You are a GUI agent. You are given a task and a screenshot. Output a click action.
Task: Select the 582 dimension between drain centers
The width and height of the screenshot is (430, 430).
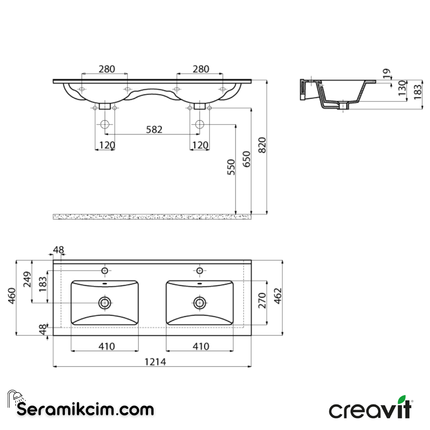tap(154, 129)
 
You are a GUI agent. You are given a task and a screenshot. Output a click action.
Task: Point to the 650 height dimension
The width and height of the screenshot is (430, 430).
tap(247, 159)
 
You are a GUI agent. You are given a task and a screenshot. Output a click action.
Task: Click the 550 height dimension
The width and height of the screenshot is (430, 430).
tap(231, 167)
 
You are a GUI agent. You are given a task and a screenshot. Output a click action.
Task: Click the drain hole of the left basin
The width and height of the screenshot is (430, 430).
tap(105, 303)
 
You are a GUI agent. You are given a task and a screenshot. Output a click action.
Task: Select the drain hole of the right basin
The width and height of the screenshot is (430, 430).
tap(199, 303)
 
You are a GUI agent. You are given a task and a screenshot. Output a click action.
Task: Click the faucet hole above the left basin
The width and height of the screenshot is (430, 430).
tap(105, 271)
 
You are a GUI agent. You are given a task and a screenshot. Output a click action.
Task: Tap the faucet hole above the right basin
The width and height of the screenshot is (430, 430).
tap(199, 271)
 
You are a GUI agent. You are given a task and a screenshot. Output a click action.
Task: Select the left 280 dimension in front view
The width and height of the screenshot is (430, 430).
tap(107, 69)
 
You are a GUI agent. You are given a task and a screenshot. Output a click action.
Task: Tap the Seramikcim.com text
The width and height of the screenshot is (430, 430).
tap(85, 409)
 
